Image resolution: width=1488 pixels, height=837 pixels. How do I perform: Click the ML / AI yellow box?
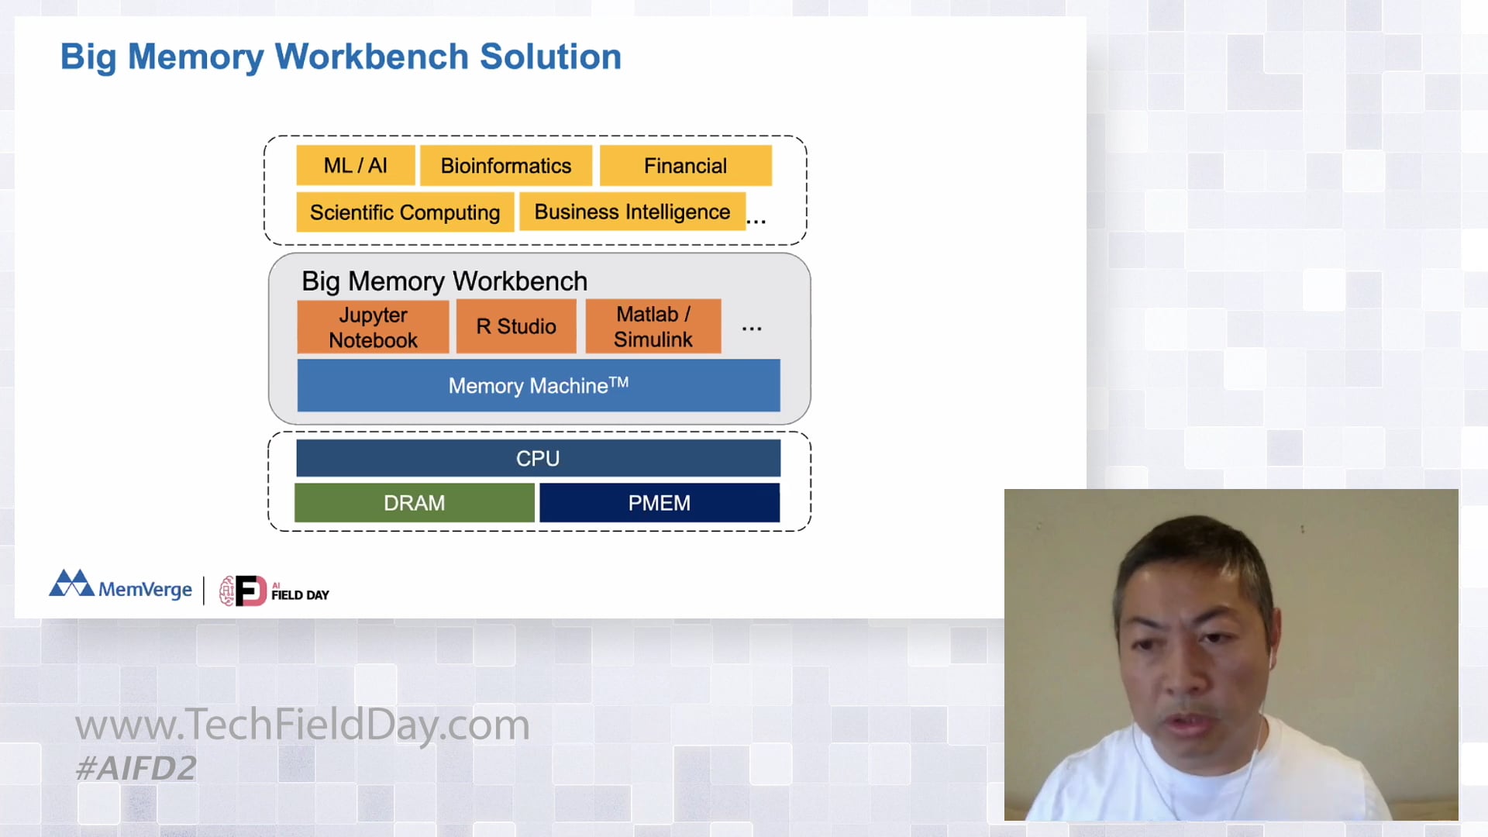click(356, 166)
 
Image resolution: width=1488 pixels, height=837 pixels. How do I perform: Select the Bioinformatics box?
click(506, 166)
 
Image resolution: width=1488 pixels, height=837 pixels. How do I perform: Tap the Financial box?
click(686, 166)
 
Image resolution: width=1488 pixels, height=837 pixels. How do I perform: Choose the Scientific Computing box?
click(405, 212)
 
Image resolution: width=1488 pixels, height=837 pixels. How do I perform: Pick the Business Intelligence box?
click(632, 212)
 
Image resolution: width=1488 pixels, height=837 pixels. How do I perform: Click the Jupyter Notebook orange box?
click(373, 327)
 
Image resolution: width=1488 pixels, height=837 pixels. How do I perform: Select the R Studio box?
click(516, 327)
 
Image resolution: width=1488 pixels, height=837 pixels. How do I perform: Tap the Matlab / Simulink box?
click(653, 327)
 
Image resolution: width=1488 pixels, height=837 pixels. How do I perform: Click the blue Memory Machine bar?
click(539, 385)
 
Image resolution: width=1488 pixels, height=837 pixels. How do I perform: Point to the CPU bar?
click(538, 458)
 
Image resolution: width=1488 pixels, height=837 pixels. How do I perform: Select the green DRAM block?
click(415, 503)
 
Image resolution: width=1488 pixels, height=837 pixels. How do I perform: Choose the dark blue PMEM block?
click(660, 503)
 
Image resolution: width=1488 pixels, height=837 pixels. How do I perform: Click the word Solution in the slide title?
click(550, 57)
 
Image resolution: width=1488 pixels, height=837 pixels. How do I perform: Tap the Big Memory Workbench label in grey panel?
click(444, 281)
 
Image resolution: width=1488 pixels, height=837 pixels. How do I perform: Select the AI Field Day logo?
click(274, 591)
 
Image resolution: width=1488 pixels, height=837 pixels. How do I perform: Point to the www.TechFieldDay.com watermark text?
click(302, 725)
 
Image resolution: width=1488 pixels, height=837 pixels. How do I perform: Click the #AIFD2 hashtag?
click(136, 768)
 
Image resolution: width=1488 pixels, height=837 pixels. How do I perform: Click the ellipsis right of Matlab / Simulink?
click(752, 329)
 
